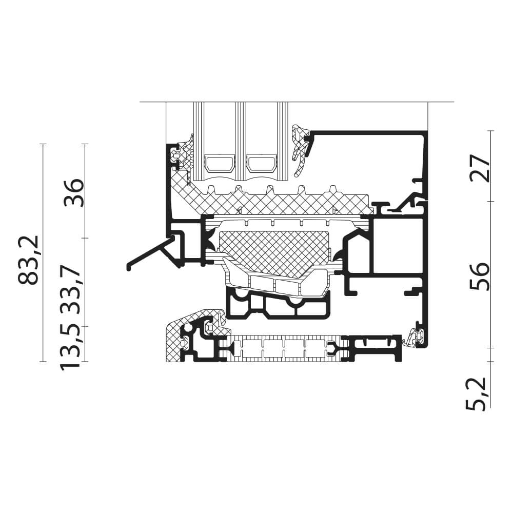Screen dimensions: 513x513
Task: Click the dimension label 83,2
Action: pos(29,260)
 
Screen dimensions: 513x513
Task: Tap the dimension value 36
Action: pos(74,193)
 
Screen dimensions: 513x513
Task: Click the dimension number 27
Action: pos(480,168)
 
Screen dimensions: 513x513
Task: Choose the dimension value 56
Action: pos(480,277)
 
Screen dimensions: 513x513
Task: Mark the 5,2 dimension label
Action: pos(478,393)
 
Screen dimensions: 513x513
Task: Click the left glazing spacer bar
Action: pos(220,163)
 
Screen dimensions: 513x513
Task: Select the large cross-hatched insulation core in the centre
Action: pos(274,250)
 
